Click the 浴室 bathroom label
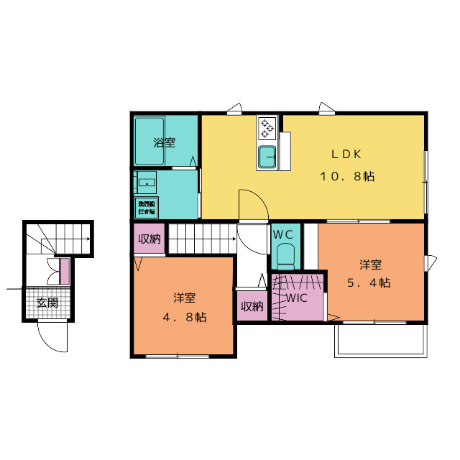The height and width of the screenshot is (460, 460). coord(164,142)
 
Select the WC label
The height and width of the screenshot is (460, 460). coord(282,234)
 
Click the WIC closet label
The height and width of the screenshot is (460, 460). coord(297,298)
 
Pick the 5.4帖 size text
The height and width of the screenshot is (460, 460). coord(369,282)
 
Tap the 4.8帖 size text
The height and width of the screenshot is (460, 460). coord(185,316)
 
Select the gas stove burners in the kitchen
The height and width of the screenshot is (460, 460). coord(267,129)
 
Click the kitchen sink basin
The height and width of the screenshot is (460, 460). coord(267,154)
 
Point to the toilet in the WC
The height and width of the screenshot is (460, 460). coord(285,256)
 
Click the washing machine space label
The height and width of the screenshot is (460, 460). coord(147,208)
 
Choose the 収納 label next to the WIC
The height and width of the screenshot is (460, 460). coord(252,306)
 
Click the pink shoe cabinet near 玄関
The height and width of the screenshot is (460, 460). coord(65,271)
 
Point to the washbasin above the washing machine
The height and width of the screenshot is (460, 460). coord(147,182)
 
